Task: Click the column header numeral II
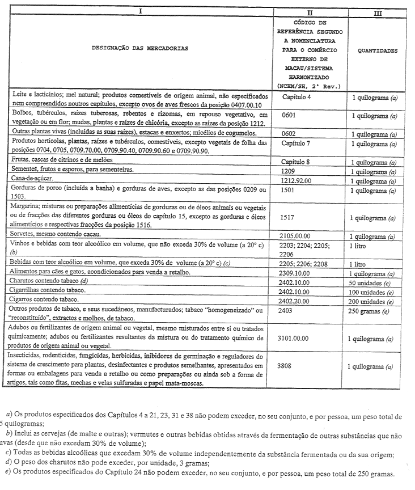(310, 11)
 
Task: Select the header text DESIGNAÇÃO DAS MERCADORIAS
(140, 49)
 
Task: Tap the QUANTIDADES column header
(378, 50)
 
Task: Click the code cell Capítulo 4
(297, 97)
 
